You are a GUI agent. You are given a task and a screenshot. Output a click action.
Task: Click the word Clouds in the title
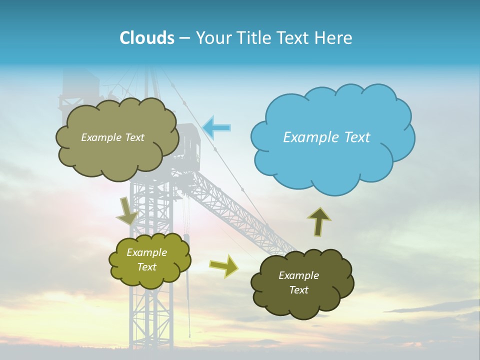[147, 38]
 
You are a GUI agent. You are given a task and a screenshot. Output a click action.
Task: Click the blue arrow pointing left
[217, 127]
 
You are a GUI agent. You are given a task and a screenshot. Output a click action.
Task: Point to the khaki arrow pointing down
[126, 211]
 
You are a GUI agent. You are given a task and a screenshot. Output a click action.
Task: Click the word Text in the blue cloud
[357, 137]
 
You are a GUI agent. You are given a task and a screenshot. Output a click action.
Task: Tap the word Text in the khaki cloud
[134, 137]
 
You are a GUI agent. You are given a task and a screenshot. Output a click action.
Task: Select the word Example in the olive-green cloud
[147, 252]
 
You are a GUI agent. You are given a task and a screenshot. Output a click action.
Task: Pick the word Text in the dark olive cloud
[299, 290]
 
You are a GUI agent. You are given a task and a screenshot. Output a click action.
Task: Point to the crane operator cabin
[188, 142]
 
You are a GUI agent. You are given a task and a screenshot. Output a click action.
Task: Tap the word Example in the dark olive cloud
[299, 275]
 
